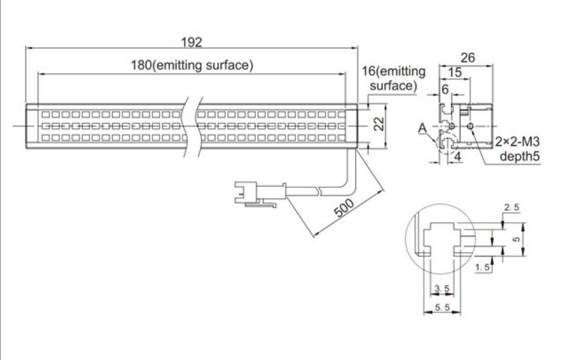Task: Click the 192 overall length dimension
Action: (192, 42)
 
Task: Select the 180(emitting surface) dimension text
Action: (192, 65)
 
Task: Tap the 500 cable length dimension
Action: (344, 208)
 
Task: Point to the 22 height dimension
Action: (379, 124)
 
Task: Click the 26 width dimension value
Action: (468, 57)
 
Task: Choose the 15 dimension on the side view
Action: (455, 72)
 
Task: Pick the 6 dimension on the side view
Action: (445, 89)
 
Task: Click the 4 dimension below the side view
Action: (458, 157)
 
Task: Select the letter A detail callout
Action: (422, 128)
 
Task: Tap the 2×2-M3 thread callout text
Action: (518, 141)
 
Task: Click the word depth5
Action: (520, 156)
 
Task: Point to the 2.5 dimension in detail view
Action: (512, 207)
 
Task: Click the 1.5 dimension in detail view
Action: (482, 267)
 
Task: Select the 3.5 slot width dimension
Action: (442, 288)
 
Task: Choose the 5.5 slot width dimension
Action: (442, 307)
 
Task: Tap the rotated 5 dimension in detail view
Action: (516, 239)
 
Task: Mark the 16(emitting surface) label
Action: (393, 78)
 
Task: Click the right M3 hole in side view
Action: (470, 126)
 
